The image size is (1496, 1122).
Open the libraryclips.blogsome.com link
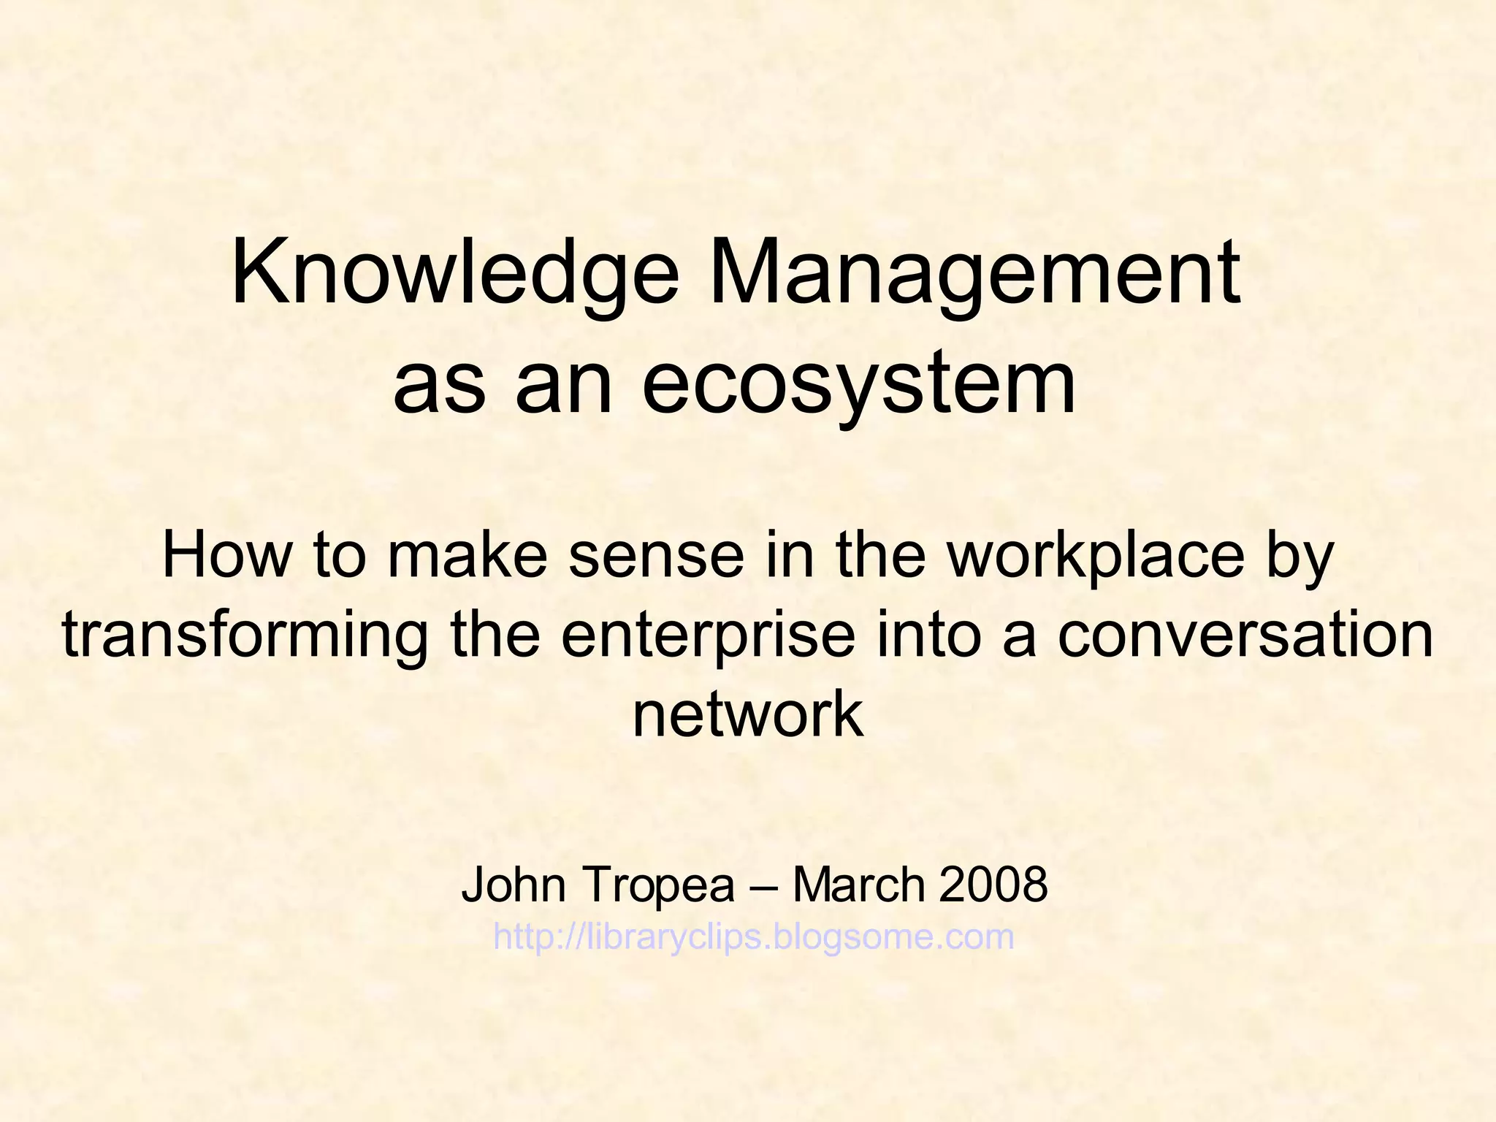[x=754, y=937]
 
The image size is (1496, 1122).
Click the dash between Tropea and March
[x=763, y=886]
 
